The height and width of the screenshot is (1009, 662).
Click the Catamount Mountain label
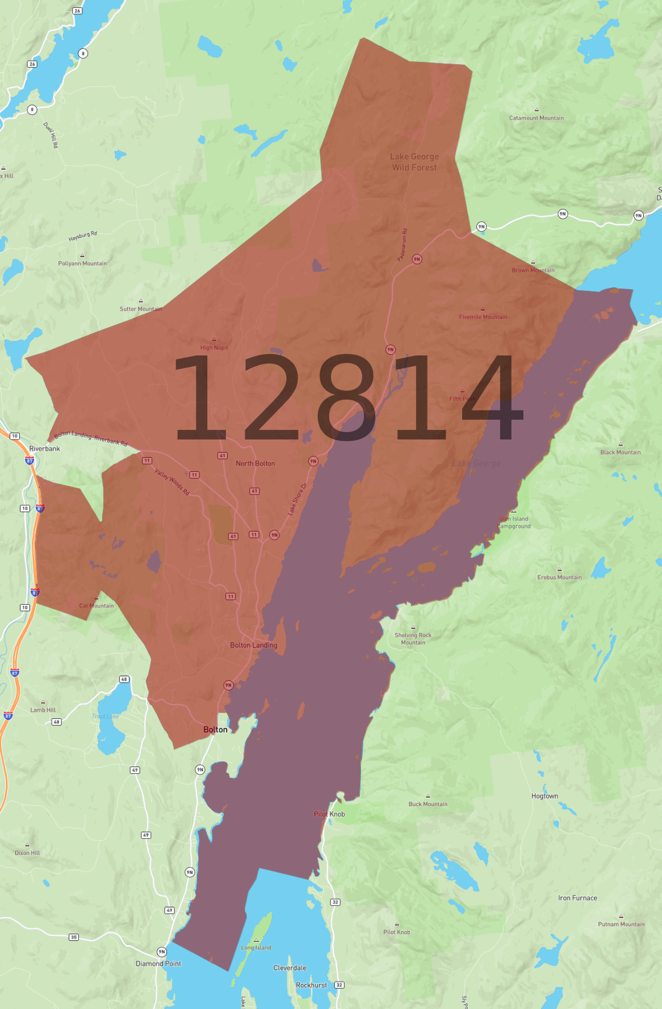pyautogui.click(x=536, y=118)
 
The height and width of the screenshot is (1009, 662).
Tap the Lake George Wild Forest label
pyautogui.click(x=414, y=162)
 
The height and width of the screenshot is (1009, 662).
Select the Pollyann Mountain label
pyautogui.click(x=82, y=263)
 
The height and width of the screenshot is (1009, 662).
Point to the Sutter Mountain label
pyautogui.click(x=140, y=309)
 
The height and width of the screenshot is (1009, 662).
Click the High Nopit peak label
pyautogui.click(x=214, y=348)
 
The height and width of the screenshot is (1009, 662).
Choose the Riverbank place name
pyautogui.click(x=44, y=449)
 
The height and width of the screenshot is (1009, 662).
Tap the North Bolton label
pyautogui.click(x=255, y=463)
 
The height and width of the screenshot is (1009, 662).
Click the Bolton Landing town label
pyautogui.click(x=253, y=645)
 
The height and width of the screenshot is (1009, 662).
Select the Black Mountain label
pyautogui.click(x=620, y=453)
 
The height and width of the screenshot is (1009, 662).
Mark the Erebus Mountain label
pyautogui.click(x=559, y=577)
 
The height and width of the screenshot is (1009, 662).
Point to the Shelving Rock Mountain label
pyautogui.click(x=413, y=639)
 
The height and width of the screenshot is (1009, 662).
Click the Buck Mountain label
pyautogui.click(x=428, y=804)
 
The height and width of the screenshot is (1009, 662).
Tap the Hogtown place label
pyautogui.click(x=544, y=796)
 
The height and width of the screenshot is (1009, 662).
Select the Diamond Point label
pyautogui.click(x=158, y=964)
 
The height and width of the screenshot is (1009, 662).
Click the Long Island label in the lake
pyautogui.click(x=256, y=948)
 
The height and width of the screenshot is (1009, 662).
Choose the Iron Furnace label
pyautogui.click(x=577, y=898)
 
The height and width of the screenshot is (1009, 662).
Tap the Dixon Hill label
pyautogui.click(x=27, y=853)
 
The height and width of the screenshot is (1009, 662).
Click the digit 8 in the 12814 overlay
pyautogui.click(x=346, y=397)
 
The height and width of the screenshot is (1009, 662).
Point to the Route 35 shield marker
pyautogui.click(x=74, y=937)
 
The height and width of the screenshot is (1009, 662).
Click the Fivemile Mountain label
pyautogui.click(x=483, y=317)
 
